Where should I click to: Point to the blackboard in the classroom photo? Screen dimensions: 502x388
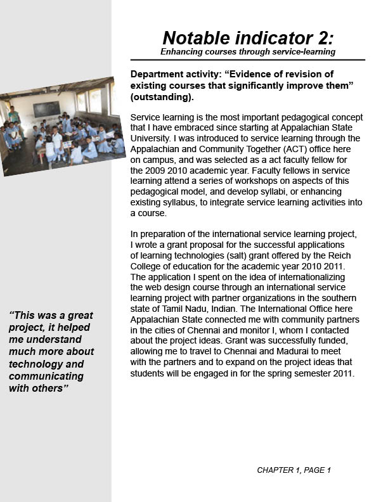46,109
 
